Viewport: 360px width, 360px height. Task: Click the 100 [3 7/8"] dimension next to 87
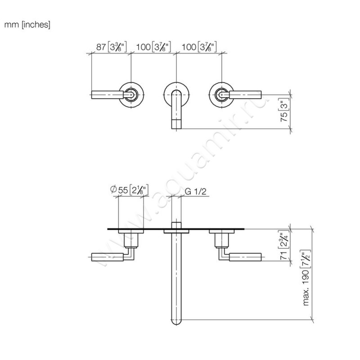(153, 46)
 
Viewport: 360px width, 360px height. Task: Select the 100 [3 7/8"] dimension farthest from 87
(198, 46)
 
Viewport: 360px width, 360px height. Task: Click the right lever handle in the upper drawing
(245, 94)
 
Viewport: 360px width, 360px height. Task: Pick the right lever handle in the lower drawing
(245, 257)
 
